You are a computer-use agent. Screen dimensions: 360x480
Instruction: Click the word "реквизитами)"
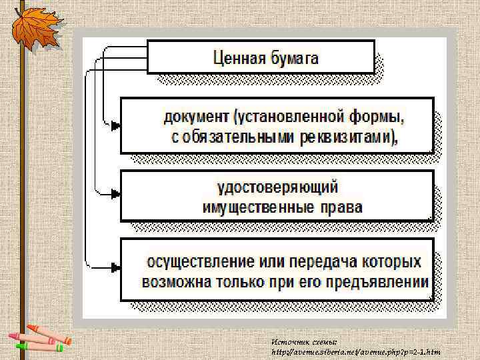point(347,139)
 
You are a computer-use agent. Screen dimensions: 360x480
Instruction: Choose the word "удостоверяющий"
point(283,187)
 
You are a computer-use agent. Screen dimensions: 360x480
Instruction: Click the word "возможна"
point(174,281)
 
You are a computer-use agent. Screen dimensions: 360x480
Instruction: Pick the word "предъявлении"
point(381,281)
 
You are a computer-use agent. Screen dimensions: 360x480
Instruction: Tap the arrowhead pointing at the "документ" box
point(116,125)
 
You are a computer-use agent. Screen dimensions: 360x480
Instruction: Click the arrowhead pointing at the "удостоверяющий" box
point(116,194)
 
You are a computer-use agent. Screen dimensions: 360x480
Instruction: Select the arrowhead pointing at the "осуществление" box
point(116,268)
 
